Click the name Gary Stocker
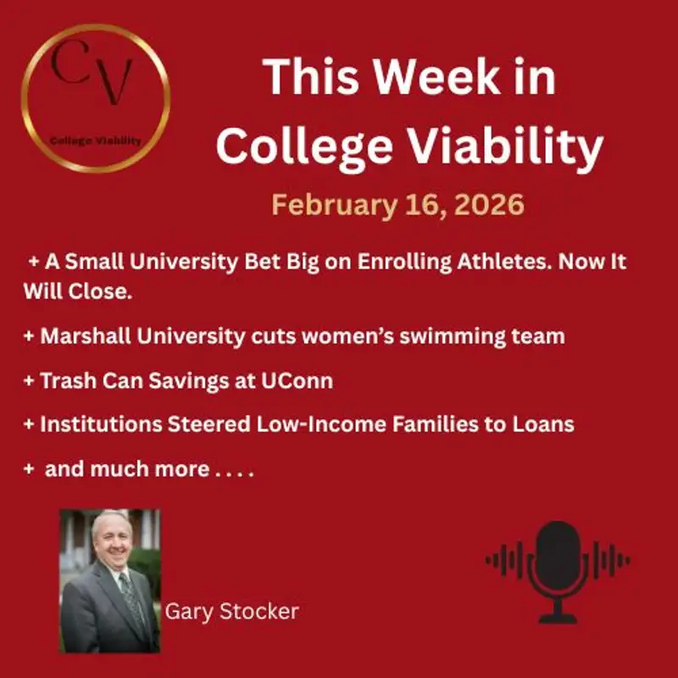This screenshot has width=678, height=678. (x=231, y=611)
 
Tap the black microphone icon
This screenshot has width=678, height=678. (x=558, y=559)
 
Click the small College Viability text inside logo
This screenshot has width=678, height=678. (x=96, y=141)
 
